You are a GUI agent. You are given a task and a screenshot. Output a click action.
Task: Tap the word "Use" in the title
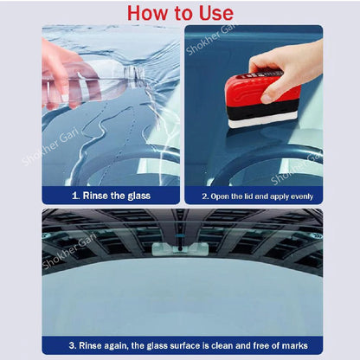coord(214,13)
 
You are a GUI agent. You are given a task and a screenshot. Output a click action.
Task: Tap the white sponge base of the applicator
coord(264,121)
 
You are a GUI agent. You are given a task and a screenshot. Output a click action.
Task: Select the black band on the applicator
coord(264,110)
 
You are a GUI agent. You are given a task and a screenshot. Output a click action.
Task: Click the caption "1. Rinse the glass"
coord(109,196)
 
